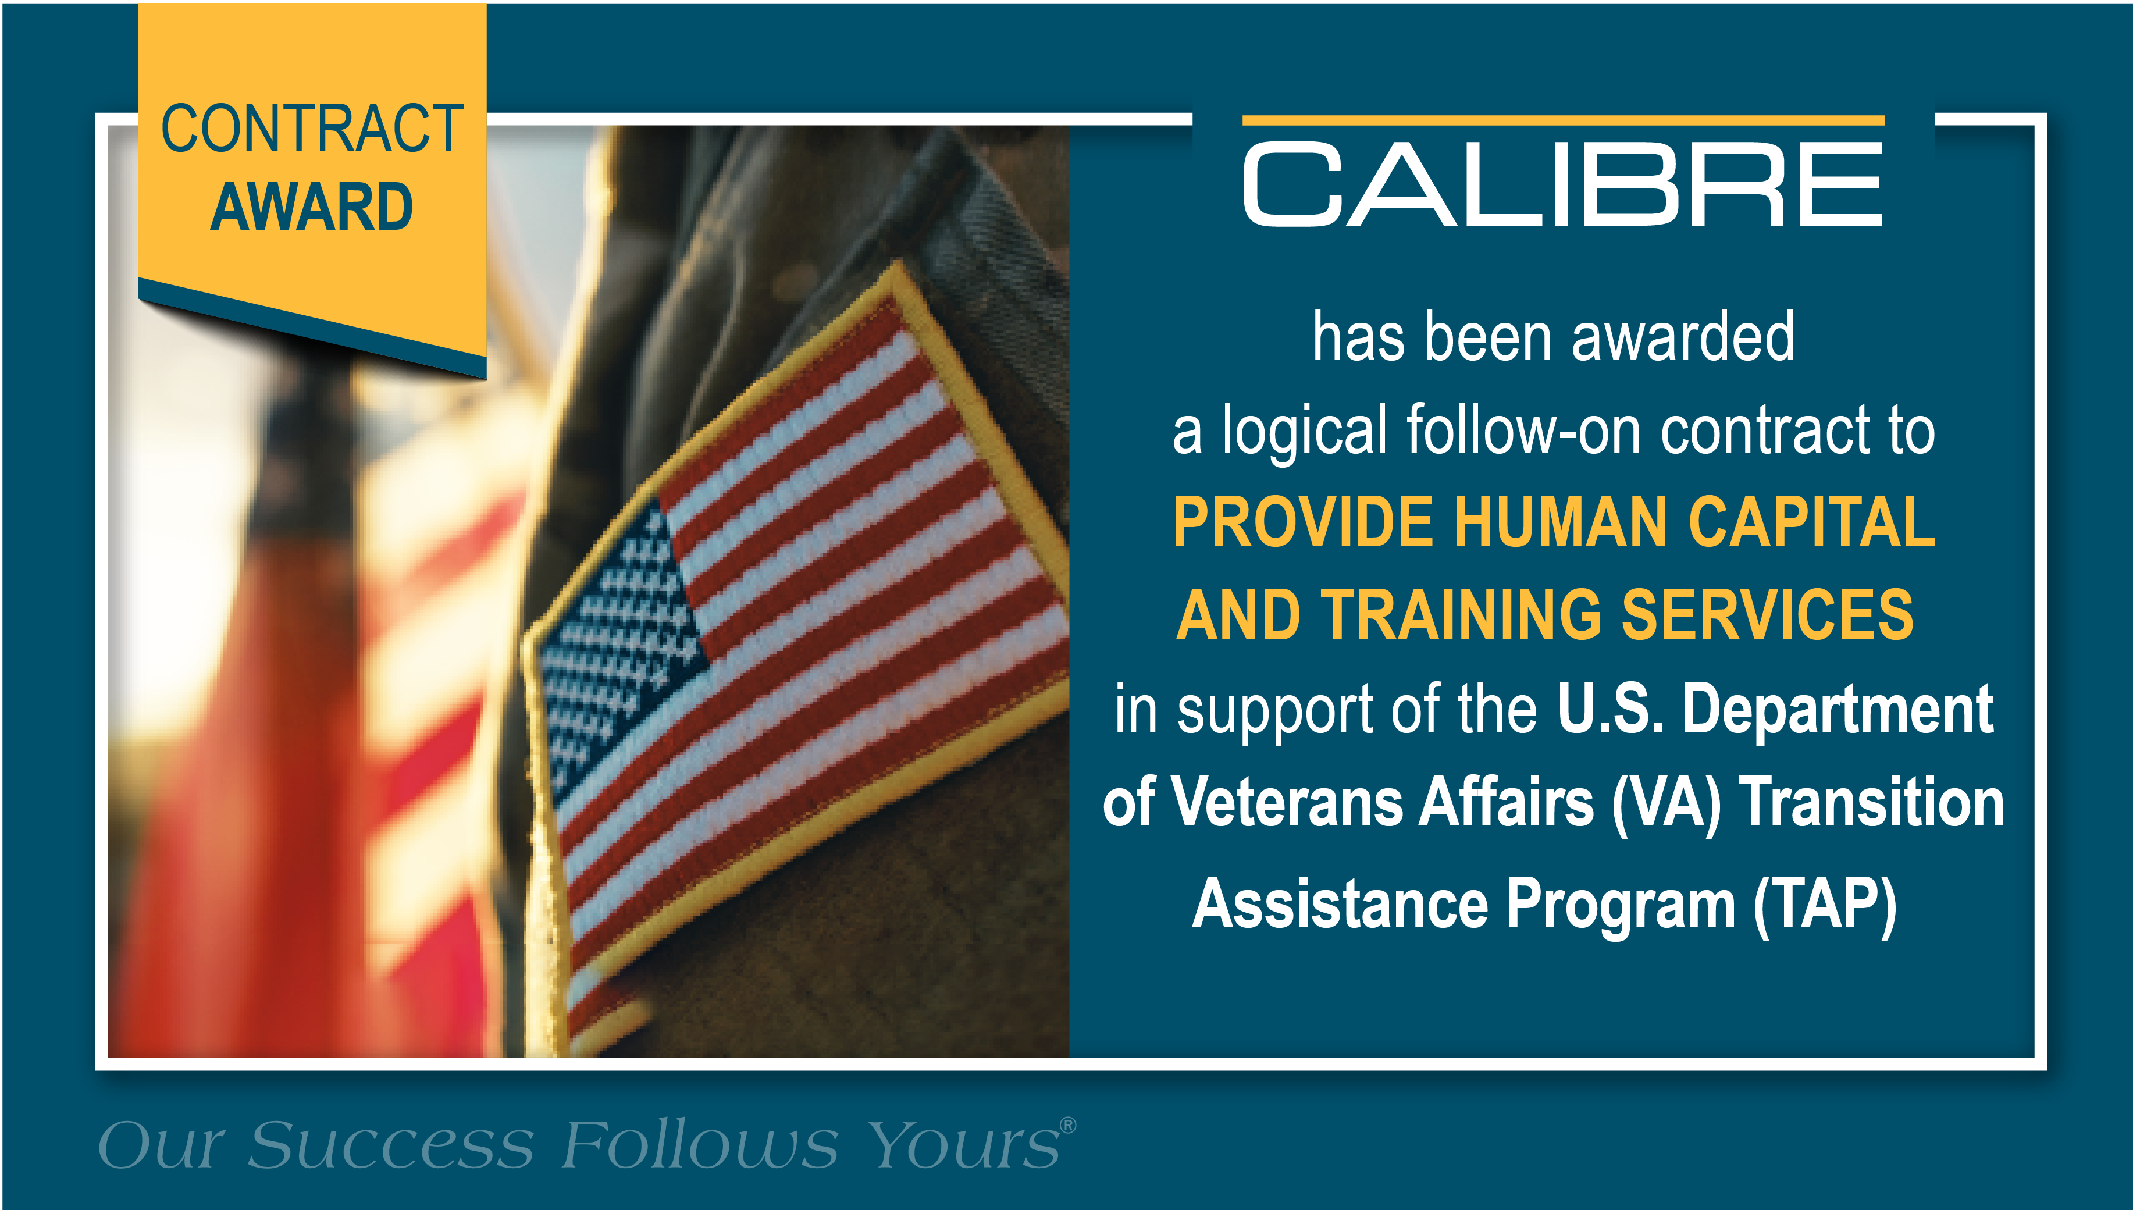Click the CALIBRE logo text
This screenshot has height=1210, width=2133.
1562,184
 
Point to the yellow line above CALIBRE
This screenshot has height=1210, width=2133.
1563,120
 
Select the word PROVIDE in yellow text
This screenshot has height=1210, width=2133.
1304,522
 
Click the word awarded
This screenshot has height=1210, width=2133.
1683,337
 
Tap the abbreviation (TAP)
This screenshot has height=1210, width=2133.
1825,906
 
